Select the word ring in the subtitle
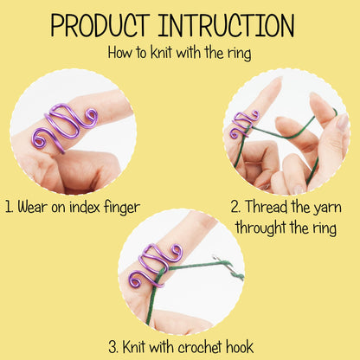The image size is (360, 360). click(237, 53)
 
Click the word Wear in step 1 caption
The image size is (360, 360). click(39, 209)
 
